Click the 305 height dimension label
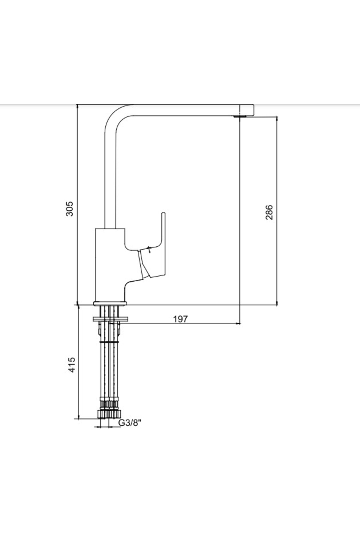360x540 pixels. [69, 208]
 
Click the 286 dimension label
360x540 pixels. [269, 212]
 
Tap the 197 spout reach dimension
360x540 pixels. [180, 319]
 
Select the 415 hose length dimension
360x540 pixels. [72, 364]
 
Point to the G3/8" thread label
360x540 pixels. [130, 423]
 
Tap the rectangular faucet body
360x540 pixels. [110, 265]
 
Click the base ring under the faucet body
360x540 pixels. [110, 303]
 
